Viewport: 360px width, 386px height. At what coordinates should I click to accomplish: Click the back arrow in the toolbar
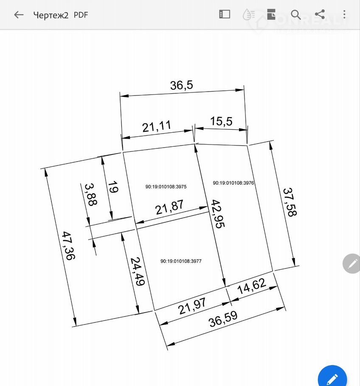[19, 15]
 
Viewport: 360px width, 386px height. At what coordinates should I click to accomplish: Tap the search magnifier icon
[295, 14]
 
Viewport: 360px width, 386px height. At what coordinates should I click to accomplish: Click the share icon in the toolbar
[320, 14]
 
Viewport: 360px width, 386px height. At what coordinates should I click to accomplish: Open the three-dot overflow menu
[344, 14]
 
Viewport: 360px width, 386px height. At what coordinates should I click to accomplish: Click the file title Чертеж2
[51, 15]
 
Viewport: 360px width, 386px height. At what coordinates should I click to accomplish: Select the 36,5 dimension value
[182, 85]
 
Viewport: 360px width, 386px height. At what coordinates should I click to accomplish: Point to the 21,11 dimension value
[157, 126]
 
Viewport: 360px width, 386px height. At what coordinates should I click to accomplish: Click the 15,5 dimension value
[221, 121]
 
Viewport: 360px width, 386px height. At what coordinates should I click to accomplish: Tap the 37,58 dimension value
[290, 202]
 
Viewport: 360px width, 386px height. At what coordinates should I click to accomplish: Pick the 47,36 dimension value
[68, 246]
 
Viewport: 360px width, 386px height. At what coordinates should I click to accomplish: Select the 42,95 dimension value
[218, 214]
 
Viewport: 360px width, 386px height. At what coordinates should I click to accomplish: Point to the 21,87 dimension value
[169, 207]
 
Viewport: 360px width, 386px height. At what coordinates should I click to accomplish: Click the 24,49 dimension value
[137, 271]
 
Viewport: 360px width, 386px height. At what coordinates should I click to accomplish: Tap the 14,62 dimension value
[252, 286]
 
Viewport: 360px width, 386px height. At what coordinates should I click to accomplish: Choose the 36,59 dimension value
[223, 319]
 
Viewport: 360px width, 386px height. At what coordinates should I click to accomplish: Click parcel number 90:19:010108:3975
[166, 187]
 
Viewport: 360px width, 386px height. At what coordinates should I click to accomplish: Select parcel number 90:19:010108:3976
[233, 183]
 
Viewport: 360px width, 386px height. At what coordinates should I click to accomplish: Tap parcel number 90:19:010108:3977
[181, 261]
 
